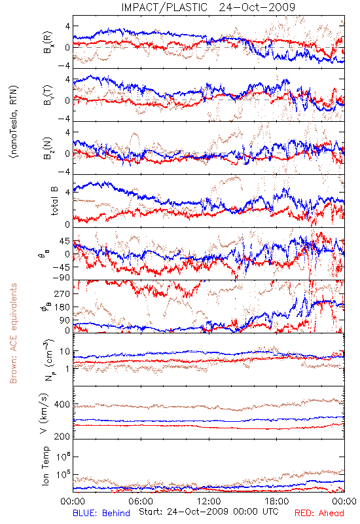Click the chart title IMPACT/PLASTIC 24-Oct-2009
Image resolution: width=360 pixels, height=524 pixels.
click(208, 7)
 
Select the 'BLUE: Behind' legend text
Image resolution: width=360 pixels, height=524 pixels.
click(101, 513)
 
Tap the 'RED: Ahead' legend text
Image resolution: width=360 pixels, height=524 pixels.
click(319, 513)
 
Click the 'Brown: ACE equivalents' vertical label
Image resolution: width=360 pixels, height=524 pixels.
click(13, 333)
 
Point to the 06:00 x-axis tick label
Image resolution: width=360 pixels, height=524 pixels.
click(141, 501)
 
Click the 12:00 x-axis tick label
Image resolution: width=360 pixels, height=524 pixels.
click(209, 501)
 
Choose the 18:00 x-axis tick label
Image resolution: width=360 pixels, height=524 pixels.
click(277, 501)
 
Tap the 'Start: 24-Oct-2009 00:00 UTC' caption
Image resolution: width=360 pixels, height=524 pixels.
click(208, 512)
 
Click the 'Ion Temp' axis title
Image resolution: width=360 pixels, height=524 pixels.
click(45, 466)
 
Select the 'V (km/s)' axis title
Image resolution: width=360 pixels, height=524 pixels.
click(45, 413)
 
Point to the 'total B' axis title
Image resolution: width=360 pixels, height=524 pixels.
click(54, 201)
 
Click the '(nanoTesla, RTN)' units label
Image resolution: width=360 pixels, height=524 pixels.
click(14, 121)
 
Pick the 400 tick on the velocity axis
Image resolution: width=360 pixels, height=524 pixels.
click(62, 404)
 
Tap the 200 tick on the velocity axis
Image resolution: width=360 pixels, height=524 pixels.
click(62, 436)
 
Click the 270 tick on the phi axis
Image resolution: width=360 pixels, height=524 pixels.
click(62, 293)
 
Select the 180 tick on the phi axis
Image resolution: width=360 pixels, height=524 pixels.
click(62, 307)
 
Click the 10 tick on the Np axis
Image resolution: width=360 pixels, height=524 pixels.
click(65, 352)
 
